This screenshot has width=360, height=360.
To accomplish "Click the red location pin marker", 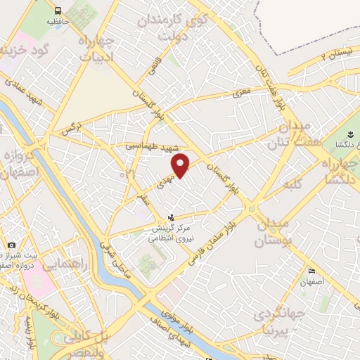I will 181,166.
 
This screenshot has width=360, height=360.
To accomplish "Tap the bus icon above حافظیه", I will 58,11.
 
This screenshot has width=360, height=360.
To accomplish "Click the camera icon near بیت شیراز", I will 12,245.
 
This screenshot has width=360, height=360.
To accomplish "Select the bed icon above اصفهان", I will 311,271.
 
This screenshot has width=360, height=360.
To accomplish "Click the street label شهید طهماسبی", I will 148,146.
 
